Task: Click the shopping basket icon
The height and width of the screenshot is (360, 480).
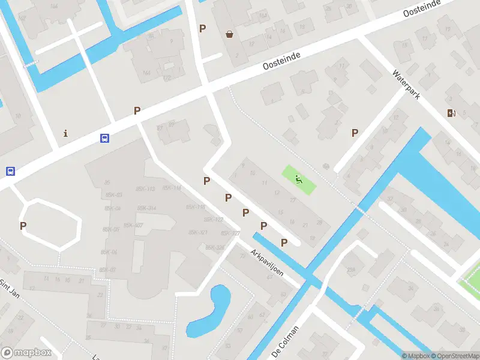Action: pos(229,34)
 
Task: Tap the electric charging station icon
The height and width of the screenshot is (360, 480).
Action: pos(451,113)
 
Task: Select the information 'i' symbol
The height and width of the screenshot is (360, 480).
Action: pos(65,133)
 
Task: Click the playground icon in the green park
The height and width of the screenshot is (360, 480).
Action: pos(298,178)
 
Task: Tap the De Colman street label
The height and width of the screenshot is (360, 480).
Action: pos(285,340)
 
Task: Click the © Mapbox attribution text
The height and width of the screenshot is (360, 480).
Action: pos(415,356)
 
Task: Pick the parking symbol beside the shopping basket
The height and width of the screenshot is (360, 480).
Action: pos(202,28)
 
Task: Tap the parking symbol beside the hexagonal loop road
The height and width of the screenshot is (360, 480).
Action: pos(23,226)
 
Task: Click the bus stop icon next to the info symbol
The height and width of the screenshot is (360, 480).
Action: pos(104,138)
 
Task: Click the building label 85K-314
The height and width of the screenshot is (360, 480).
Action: pos(147,208)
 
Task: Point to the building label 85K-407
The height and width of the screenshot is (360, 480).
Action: pos(133,226)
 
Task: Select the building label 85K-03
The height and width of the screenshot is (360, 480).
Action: pos(113,195)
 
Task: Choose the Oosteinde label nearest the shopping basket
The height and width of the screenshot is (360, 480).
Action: pos(281,60)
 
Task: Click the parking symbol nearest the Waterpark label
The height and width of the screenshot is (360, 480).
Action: pos(355,133)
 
